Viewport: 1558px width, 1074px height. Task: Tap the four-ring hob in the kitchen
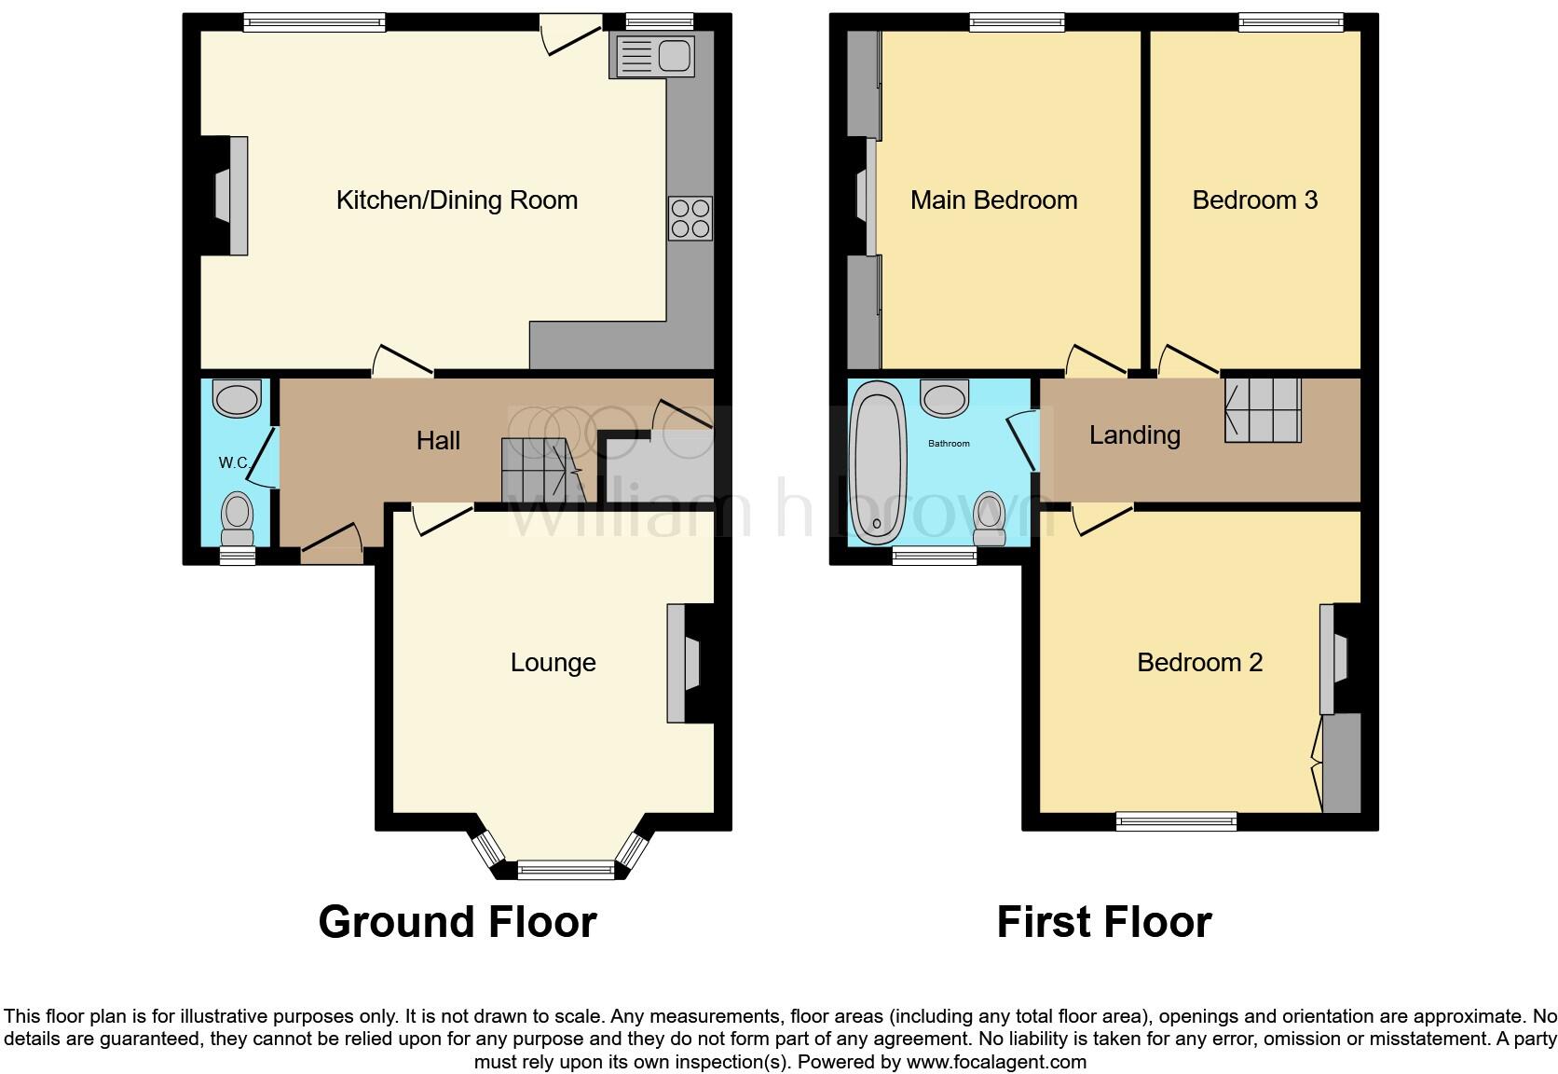pos(690,218)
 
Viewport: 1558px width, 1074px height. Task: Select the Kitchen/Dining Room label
pos(457,200)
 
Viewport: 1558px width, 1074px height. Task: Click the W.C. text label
pos(235,462)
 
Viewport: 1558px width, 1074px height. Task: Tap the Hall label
pos(438,441)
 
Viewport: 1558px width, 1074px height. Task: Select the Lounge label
pos(553,663)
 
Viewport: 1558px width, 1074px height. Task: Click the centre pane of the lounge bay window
pos(567,870)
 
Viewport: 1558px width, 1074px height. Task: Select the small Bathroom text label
pos(949,444)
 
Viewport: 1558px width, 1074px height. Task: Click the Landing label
pos(1134,435)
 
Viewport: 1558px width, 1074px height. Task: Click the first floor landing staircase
pos(1263,409)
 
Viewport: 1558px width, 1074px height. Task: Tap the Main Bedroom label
pos(993,200)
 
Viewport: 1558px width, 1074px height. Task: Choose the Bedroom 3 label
pos(1254,200)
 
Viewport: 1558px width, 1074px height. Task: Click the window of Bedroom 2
pos(1177,820)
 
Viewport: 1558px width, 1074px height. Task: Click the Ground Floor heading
pos(457,922)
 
